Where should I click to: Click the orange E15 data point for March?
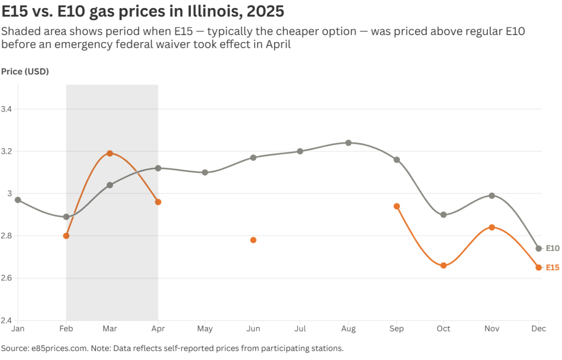(110, 153)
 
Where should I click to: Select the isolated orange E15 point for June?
(253, 240)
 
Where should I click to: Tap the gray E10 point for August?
(348, 142)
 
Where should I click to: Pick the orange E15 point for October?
(444, 265)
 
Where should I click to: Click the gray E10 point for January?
(18, 200)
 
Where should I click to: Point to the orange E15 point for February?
(66, 236)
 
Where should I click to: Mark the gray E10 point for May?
(205, 172)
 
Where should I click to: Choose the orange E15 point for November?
(492, 227)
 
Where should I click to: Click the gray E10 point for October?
(444, 215)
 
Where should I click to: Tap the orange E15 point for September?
(397, 206)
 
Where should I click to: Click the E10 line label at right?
(553, 248)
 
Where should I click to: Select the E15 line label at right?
(553, 268)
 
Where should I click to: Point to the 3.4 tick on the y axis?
(7, 109)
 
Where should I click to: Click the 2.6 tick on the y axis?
(7, 278)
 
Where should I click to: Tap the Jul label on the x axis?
(300, 329)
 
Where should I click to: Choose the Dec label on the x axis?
(539, 329)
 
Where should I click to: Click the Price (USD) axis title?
(25, 71)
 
